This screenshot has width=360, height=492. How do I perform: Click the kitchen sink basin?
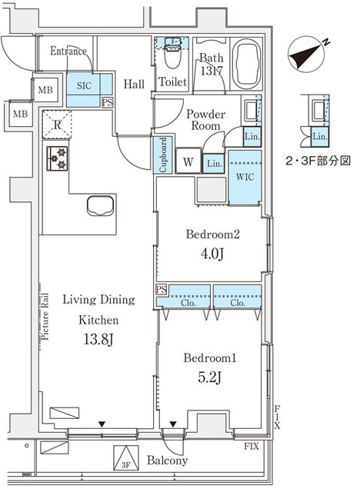[101, 207]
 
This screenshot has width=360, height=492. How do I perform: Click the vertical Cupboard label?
[164, 155]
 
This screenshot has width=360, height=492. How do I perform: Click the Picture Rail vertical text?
[45, 316]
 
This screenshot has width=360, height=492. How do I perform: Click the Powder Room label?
[205, 120]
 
